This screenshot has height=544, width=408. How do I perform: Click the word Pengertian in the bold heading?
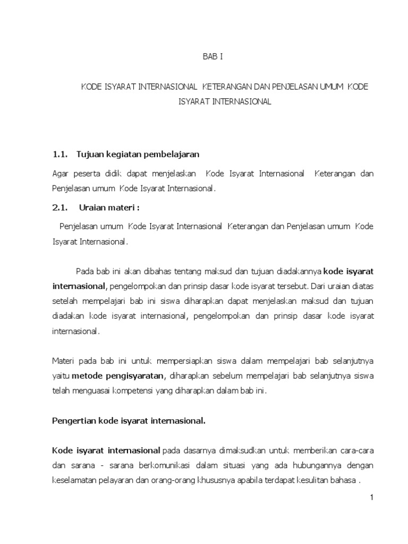point(74,421)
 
